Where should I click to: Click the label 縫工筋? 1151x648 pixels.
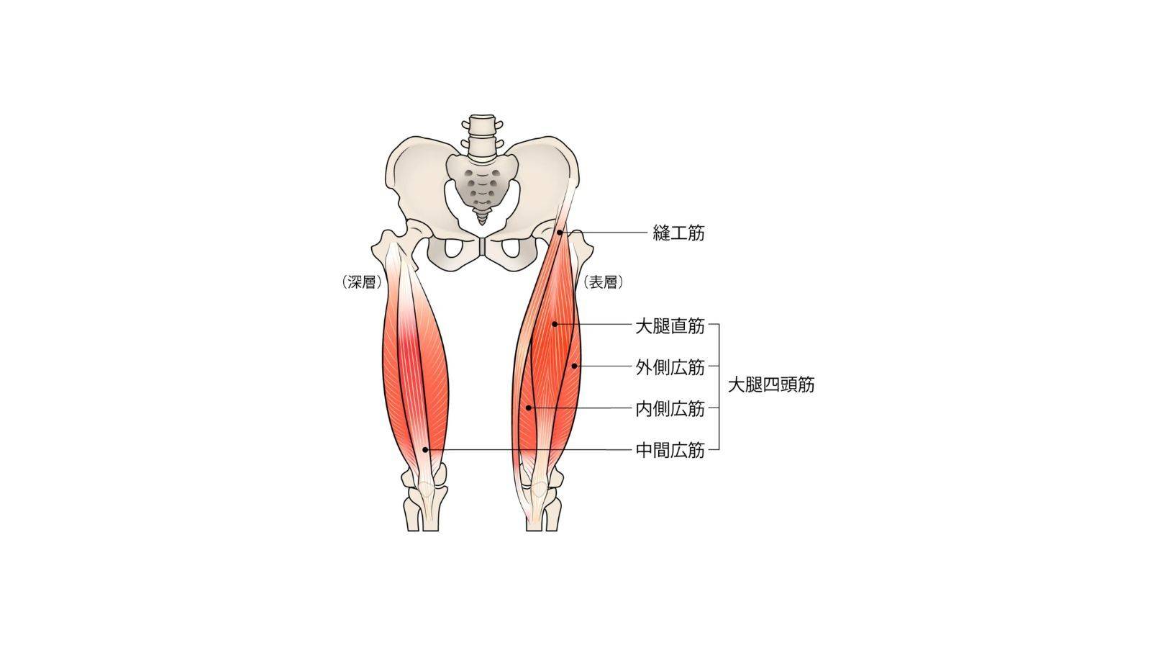pos(678,233)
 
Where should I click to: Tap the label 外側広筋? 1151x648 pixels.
pos(670,367)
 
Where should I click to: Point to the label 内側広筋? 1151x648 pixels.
pos(670,409)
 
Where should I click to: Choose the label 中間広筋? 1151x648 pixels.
pos(670,451)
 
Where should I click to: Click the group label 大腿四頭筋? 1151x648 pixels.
pos(770,384)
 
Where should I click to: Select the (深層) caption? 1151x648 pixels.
pos(362,282)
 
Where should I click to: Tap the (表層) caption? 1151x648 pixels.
pos(603,282)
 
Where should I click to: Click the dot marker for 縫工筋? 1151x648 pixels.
pos(560,233)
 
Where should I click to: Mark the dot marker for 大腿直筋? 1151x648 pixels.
pos(555,324)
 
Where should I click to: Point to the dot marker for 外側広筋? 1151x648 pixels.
pos(575,366)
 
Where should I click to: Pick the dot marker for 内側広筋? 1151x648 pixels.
pos(528,408)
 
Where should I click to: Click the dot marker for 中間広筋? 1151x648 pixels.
pos(425,449)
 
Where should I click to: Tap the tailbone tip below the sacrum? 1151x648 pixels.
pos(481,222)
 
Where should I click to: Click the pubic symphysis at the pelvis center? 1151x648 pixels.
pos(481,246)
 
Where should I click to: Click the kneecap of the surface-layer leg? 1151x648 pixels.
pos(539,489)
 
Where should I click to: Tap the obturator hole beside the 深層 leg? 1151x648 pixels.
pos(453,249)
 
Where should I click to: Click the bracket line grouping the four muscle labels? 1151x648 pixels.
pos(719,387)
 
